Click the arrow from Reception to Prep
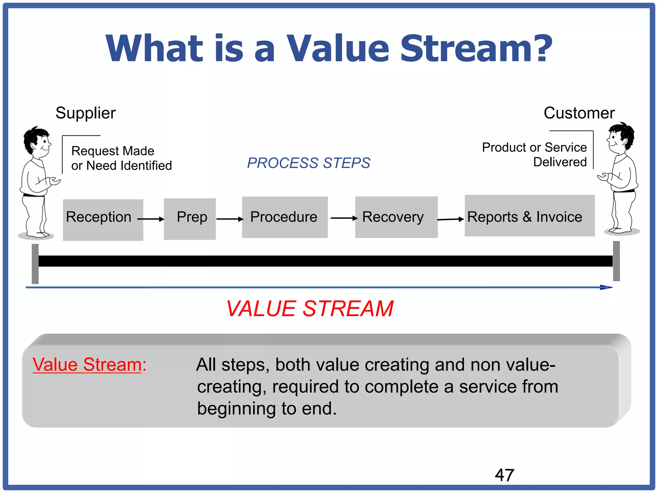(151, 219)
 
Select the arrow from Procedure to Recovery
(344, 218)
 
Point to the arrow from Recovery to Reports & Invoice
(450, 219)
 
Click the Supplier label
(85, 113)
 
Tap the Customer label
(579, 113)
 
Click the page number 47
(504, 475)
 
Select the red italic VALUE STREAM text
(310, 309)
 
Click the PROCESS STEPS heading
(308, 163)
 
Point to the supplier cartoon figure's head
(37, 141)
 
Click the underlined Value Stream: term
(89, 365)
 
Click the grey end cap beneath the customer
(616, 261)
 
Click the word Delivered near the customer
(560, 162)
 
